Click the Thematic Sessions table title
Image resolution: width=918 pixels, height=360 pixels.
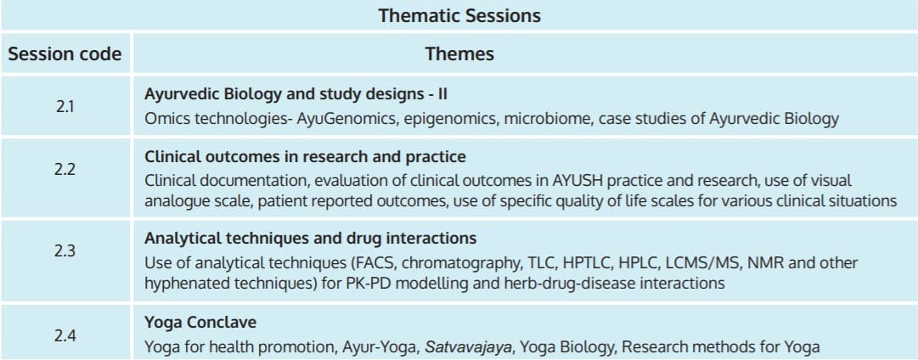(x=459, y=15)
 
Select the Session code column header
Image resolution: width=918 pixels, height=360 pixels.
(x=65, y=53)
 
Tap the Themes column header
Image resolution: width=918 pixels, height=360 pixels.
(x=459, y=53)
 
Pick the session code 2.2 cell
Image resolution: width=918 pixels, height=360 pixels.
(x=65, y=170)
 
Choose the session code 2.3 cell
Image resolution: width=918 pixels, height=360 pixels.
(x=65, y=251)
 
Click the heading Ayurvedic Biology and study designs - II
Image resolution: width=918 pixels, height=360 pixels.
(x=296, y=94)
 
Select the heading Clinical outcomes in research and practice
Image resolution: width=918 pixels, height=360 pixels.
(x=305, y=157)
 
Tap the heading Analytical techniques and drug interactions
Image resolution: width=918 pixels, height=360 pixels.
(x=310, y=239)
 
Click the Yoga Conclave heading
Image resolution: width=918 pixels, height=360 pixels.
(x=200, y=323)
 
